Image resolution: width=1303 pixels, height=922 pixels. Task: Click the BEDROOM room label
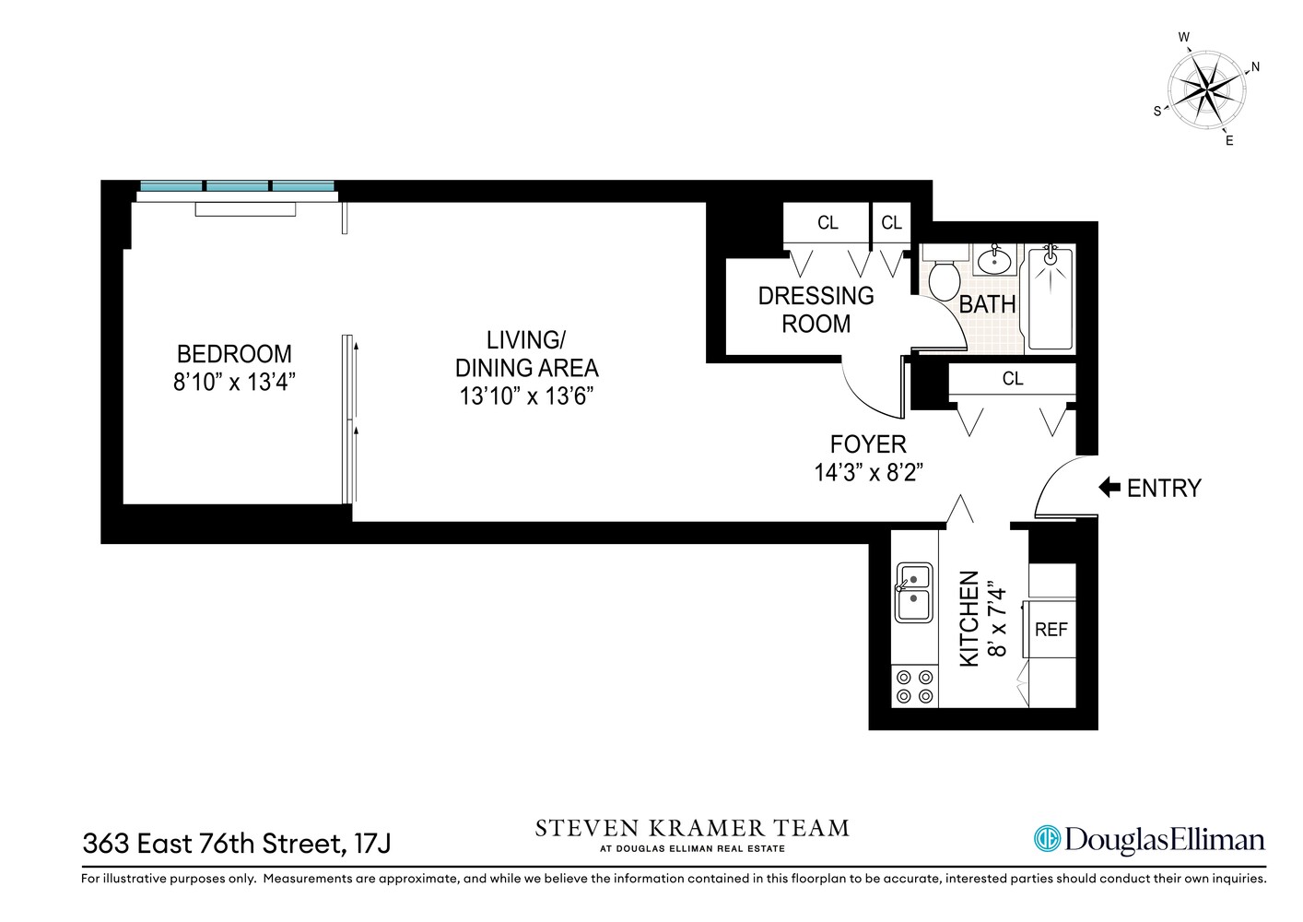[x=234, y=354]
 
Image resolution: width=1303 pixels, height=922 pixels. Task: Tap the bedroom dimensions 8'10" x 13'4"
[x=234, y=382]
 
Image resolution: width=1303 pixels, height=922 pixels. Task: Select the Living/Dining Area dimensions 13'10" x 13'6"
[x=526, y=396]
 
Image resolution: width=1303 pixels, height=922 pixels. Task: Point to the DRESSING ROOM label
[x=816, y=310]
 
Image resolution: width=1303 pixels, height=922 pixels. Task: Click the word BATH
[x=987, y=304]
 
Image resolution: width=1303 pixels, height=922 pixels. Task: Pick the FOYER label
[x=868, y=444]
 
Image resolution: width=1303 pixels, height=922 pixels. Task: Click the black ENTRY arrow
[x=1109, y=488]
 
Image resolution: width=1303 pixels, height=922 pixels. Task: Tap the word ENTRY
[x=1164, y=488]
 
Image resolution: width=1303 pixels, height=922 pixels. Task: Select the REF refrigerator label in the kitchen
[x=1051, y=630]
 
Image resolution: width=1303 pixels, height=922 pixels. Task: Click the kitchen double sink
[x=913, y=591]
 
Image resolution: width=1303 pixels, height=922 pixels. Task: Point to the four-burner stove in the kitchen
[x=914, y=687]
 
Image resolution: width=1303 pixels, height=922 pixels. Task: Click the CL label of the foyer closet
[x=1012, y=379]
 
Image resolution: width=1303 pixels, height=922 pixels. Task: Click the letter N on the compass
[x=1254, y=67]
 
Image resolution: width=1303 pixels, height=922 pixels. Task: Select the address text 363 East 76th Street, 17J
[x=237, y=843]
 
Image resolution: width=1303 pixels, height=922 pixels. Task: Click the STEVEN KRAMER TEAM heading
[x=692, y=828]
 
